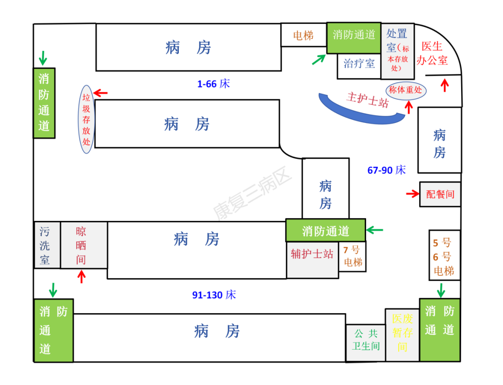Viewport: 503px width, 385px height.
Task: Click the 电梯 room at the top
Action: pyautogui.click(x=303, y=35)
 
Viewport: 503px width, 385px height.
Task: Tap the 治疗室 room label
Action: pyautogui.click(x=359, y=64)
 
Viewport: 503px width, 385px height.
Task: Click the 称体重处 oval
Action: pyautogui.click(x=406, y=90)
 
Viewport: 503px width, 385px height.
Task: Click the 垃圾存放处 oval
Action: pyautogui.click(x=86, y=119)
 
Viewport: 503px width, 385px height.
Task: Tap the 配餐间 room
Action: pyautogui.click(x=440, y=194)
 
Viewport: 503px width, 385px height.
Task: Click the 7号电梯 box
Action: pyautogui.click(x=353, y=256)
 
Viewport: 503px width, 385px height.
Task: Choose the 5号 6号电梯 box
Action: pyautogui.click(x=444, y=256)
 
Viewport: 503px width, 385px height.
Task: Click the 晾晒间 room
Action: pyautogui.click(x=81, y=245)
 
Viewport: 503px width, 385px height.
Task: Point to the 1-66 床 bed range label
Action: pyautogui.click(x=213, y=84)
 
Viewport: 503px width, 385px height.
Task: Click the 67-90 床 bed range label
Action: pyautogui.click(x=387, y=170)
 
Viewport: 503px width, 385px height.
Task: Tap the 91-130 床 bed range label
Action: pyautogui.click(x=214, y=295)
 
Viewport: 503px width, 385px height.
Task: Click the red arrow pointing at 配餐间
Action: pyautogui.click(x=413, y=194)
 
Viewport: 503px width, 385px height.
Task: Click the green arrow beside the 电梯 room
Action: pyautogui.click(x=319, y=59)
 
